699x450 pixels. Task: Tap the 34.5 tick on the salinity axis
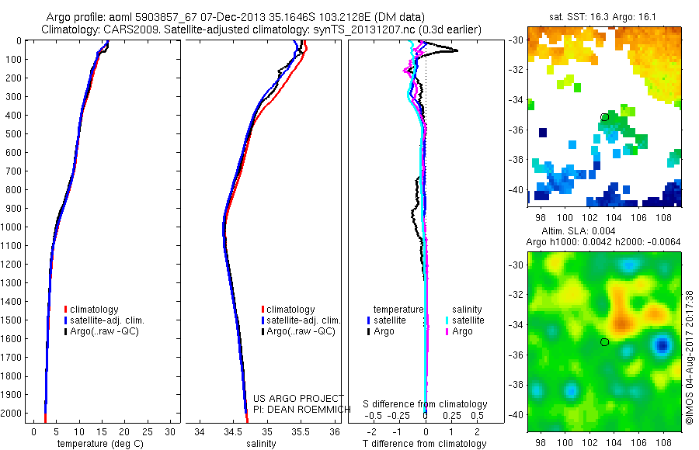pyautogui.click(x=233, y=431)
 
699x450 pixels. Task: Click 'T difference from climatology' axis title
pyautogui.click(x=425, y=444)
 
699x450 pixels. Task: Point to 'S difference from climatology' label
pyautogui.click(x=425, y=404)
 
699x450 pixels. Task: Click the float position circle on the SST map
pyautogui.click(x=604, y=117)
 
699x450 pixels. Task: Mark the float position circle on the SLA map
pyautogui.click(x=604, y=341)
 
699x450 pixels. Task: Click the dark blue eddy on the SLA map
pyautogui.click(x=662, y=344)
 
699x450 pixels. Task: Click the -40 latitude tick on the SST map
pyautogui.click(x=516, y=189)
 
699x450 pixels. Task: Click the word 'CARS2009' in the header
pyautogui.click(x=129, y=29)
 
